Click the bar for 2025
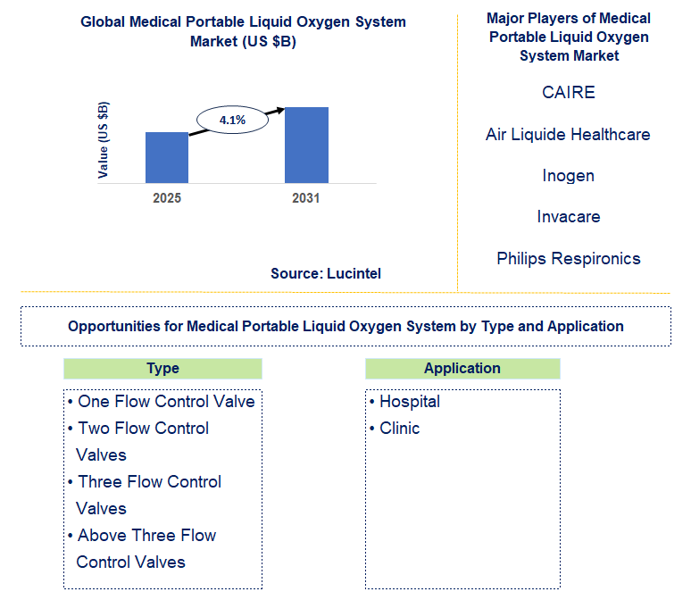167,157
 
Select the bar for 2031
306,145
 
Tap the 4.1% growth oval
232,120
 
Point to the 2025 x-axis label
167,198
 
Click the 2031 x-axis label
306,198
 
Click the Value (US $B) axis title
104,141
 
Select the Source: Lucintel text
326,274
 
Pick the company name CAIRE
568,93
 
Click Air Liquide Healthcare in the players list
568,135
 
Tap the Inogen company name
568,176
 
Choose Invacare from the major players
568,217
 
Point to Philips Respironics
568,259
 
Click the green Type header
162,369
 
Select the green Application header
462,369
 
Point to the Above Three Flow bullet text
146,536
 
